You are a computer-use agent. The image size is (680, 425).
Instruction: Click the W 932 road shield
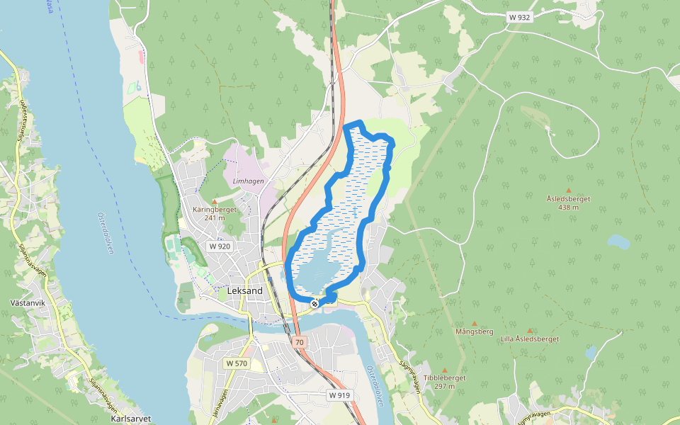(519, 17)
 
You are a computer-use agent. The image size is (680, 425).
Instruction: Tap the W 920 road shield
(220, 246)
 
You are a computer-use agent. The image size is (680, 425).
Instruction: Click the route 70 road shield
(300, 342)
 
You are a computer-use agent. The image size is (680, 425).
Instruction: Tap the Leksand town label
(245, 291)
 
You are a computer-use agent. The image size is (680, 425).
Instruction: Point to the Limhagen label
(248, 181)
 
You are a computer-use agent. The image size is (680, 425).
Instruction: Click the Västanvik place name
(29, 302)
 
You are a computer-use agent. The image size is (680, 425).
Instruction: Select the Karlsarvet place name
(131, 419)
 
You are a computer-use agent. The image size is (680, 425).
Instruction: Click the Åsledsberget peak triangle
(568, 191)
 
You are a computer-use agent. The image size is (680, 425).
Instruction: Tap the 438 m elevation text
(568, 208)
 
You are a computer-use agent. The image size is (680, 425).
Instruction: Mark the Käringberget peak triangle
(215, 202)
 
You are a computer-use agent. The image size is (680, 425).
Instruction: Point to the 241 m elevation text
(214, 218)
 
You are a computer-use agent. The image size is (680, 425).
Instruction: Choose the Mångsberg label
(475, 331)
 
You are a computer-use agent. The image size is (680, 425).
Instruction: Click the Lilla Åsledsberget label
(529, 339)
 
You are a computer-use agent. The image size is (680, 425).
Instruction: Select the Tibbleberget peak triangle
(445, 370)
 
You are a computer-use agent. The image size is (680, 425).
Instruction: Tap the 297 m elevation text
(445, 387)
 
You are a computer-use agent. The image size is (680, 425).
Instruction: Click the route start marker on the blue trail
(314, 304)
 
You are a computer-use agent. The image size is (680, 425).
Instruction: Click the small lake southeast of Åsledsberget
(618, 242)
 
